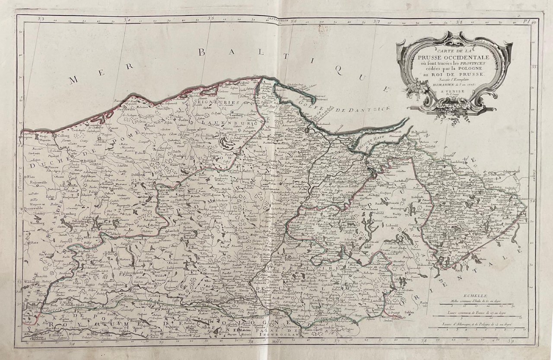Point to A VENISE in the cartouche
pos(452,92)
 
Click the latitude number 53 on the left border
pos(20,281)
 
